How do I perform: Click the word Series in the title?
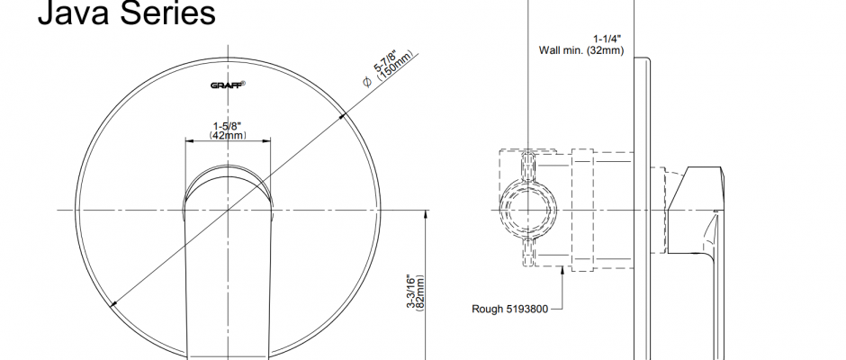(x=167, y=13)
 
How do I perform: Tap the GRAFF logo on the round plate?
(x=228, y=85)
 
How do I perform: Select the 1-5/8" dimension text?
(x=227, y=126)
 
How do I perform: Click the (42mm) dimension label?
(x=228, y=135)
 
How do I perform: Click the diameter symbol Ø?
(x=367, y=82)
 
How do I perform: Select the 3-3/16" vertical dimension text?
(x=411, y=292)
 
